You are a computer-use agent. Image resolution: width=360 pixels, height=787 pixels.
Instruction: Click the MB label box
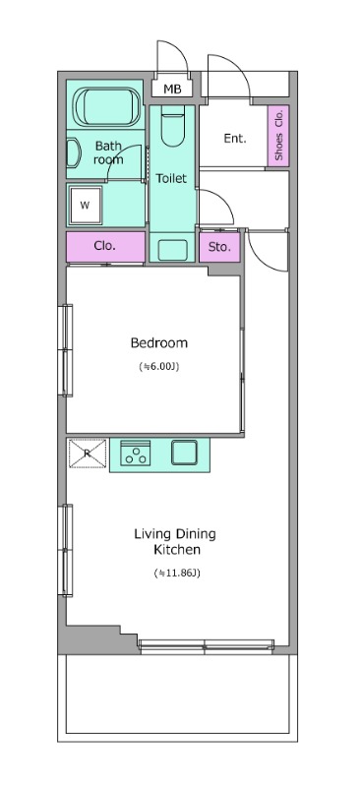point(172,90)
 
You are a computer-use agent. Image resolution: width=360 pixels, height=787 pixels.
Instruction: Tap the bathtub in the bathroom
point(108,106)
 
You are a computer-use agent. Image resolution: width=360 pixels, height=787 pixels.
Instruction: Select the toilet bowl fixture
point(173,129)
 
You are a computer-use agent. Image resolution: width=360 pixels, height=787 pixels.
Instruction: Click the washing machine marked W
point(86,205)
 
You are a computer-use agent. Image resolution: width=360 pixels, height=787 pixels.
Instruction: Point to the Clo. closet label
point(105,247)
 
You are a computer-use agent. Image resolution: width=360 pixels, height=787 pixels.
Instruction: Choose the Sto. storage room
point(219,247)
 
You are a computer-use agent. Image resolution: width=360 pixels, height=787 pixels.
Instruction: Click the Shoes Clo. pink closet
point(278,135)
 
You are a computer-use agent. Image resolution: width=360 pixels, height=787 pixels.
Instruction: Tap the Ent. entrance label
point(235,139)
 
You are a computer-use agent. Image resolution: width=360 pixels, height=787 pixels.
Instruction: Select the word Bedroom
point(159,343)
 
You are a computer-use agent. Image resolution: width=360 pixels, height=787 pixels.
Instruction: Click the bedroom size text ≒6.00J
point(159,367)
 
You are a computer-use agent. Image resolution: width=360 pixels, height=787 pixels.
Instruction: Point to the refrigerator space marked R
point(88,454)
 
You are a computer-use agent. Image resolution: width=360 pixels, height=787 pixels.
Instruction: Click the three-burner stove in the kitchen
point(135,453)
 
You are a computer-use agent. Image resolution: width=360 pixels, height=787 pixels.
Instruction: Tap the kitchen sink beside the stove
point(185,453)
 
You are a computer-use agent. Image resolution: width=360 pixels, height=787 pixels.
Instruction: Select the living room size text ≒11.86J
point(177,573)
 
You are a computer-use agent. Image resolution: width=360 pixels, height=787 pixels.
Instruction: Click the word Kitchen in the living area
point(177,550)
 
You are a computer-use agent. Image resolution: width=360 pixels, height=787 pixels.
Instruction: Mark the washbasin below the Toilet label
point(173,250)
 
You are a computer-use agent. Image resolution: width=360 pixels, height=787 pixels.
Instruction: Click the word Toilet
point(171,179)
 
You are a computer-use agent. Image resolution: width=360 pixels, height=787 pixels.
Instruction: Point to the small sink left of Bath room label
point(74,152)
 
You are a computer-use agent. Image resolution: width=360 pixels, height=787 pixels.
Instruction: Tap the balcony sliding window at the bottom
point(207,646)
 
